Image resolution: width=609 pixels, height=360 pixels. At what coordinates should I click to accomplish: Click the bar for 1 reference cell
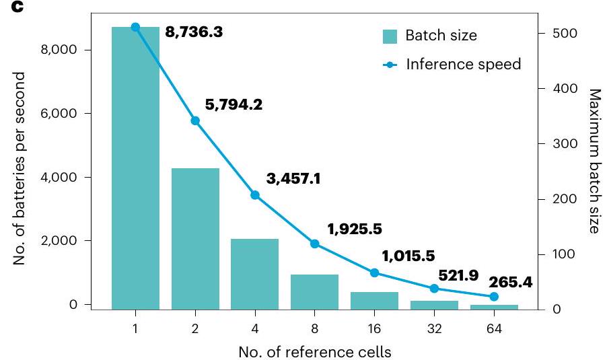135,168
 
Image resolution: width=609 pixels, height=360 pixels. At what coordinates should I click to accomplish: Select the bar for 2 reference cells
195,239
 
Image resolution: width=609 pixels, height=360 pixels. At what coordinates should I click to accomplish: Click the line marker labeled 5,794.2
195,121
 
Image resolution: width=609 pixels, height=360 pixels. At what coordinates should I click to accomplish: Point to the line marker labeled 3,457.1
254,195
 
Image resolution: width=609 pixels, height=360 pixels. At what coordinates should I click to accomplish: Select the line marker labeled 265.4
493,296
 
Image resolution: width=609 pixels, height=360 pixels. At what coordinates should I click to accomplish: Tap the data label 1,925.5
354,229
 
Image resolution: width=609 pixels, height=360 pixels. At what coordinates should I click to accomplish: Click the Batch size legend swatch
390,36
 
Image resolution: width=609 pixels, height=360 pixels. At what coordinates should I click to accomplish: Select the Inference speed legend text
464,65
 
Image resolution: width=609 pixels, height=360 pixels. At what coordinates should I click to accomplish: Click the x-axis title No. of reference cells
314,351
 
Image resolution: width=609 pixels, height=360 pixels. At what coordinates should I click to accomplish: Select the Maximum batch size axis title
594,161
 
